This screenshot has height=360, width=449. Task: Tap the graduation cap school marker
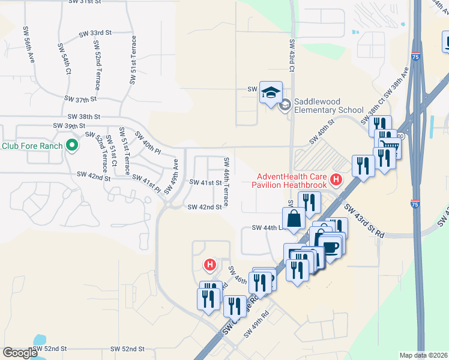click(x=270, y=92)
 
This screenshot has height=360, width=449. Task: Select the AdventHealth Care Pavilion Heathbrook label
click(x=292, y=181)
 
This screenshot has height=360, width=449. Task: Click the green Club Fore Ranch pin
click(x=71, y=145)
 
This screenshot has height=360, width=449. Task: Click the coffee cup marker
click(x=330, y=246)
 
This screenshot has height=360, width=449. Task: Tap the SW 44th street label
click(x=267, y=228)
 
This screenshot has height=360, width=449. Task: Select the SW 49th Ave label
click(x=171, y=176)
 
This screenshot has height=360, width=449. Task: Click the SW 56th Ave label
click(x=29, y=44)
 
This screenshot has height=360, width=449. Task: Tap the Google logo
click(x=20, y=353)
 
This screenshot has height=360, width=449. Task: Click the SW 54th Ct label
click(x=64, y=58)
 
